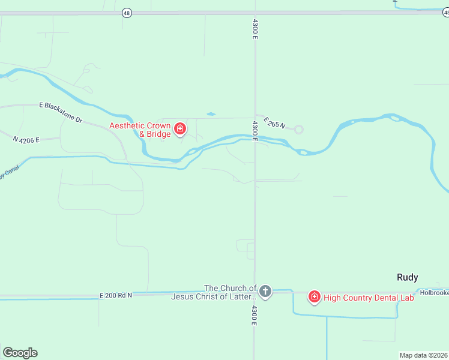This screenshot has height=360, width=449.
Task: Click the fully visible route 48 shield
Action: (x=126, y=12)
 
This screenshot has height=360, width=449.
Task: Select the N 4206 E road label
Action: (x=26, y=139)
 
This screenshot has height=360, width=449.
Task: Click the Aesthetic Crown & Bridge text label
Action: (x=139, y=130)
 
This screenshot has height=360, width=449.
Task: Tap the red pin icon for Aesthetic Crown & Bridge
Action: (x=179, y=128)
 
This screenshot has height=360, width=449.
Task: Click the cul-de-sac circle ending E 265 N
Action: (x=298, y=129)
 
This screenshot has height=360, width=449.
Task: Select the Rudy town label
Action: (x=407, y=277)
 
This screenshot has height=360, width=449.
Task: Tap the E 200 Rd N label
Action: (x=115, y=295)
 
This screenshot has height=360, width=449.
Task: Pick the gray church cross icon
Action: (x=265, y=292)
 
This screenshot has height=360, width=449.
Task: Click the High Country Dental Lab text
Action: (x=369, y=297)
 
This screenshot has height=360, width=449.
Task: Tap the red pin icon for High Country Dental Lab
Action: (x=314, y=296)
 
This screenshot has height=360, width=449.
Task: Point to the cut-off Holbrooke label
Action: (x=433, y=293)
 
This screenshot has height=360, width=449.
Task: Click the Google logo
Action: (x=20, y=353)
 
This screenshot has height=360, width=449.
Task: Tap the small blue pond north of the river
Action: (x=211, y=113)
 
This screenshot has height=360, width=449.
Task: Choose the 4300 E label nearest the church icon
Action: (x=255, y=316)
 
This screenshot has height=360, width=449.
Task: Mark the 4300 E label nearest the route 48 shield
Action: (x=255, y=29)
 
